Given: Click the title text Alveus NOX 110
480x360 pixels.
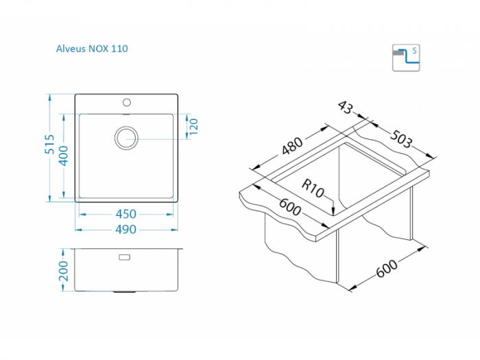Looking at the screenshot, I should tap(91, 49).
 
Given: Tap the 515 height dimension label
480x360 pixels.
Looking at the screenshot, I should tap(49, 147).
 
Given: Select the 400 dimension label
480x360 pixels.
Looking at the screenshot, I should tap(64, 157).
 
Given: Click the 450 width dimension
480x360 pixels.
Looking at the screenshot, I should tap(126, 214).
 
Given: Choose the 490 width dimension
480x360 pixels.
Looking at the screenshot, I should tap(126, 229).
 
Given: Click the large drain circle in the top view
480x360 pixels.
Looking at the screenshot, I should tap(126, 137).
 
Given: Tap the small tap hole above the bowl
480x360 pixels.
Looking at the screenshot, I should tap(126, 103).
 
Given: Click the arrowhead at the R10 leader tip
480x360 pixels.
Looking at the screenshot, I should tap(333, 210).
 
